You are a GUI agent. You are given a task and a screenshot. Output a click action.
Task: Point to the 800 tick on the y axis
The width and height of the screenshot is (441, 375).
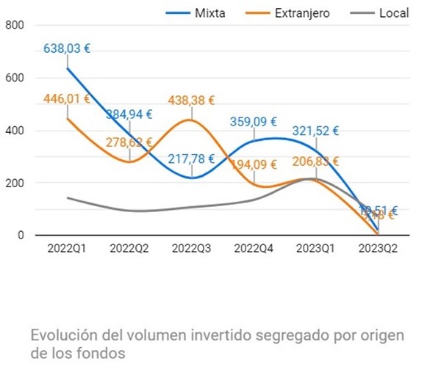coord(15,25)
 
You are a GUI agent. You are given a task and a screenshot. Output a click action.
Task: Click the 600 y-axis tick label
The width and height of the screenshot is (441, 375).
coord(15,78)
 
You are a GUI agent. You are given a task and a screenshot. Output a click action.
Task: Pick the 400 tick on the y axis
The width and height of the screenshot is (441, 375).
coord(15,131)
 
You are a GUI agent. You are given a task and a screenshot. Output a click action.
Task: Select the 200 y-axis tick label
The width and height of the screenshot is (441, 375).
coord(15,183)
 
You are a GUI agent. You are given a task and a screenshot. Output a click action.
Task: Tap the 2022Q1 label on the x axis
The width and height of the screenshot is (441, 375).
coord(67,248)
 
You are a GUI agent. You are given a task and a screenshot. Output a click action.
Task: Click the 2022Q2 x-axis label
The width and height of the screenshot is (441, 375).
coord(129,248)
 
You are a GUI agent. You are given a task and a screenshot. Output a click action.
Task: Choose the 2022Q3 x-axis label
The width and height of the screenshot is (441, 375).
coord(191,248)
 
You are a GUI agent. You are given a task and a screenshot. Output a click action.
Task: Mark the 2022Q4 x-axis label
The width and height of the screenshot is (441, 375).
coord(254,248)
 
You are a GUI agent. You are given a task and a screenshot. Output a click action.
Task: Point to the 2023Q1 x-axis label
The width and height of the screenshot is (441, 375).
coord(316,248)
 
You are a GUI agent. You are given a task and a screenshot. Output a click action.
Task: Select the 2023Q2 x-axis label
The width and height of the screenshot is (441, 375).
coord(378,248)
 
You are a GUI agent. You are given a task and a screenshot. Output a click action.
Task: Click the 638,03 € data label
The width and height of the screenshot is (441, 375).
coord(67,49)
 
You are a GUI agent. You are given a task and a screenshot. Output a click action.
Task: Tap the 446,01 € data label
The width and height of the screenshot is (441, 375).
coord(67,99)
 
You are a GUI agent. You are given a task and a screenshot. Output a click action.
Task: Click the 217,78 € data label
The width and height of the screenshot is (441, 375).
coord(191,159)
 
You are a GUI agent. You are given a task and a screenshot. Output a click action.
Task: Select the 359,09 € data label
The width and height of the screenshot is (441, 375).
coord(254,122)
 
